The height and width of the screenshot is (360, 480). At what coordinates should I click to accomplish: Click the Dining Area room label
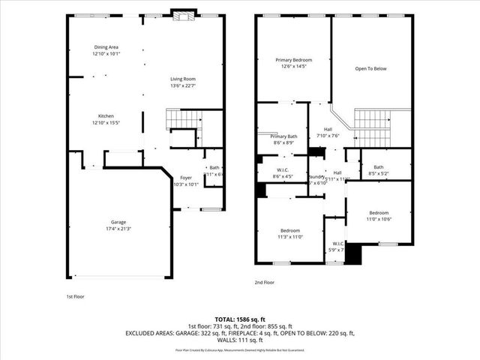106,46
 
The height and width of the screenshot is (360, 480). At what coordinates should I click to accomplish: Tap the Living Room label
182,79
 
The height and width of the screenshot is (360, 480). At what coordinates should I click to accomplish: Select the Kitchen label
106,116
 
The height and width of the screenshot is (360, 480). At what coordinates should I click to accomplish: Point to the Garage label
118,222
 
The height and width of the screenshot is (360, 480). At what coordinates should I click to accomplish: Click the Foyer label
185,178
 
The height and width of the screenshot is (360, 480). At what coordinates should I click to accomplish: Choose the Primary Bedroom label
293,60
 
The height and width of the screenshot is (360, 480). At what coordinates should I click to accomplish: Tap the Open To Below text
370,68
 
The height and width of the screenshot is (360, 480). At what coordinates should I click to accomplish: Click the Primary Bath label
284,136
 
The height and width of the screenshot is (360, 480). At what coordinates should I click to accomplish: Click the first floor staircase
184,119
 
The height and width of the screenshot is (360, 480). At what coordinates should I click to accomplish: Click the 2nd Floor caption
264,283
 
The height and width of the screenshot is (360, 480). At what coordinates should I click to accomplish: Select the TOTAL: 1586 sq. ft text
239,319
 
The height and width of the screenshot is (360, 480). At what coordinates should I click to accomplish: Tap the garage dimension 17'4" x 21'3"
118,229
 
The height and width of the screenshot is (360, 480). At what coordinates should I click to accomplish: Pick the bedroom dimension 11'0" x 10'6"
378,219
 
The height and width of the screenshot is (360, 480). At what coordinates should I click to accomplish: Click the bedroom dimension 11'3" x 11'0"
290,237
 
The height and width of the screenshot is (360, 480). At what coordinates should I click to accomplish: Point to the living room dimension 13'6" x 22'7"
182,85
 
